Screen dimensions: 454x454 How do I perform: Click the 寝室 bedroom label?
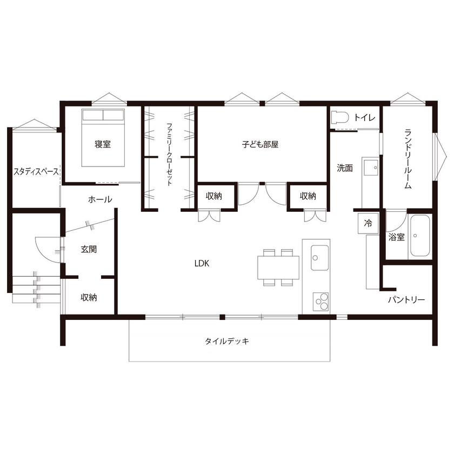click(x=103, y=144)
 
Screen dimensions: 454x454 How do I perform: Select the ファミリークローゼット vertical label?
click(x=169, y=154)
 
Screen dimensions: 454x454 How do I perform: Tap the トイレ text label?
click(x=365, y=117)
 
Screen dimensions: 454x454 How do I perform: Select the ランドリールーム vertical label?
click(x=408, y=158)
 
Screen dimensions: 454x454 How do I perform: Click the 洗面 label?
click(x=345, y=168)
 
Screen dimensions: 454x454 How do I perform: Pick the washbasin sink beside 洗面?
click(x=371, y=168)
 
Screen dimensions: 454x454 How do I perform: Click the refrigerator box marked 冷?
click(x=368, y=223)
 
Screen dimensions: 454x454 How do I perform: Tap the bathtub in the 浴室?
click(x=420, y=236)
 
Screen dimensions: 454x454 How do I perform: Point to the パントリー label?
click(x=406, y=300)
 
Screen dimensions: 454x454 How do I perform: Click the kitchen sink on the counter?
click(x=319, y=257)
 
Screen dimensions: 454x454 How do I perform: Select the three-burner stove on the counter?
click(x=319, y=299)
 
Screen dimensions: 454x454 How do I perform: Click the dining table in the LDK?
click(x=278, y=266)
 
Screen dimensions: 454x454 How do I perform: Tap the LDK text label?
click(x=202, y=264)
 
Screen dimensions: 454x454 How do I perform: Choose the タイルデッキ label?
click(x=227, y=341)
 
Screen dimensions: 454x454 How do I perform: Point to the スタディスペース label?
click(x=36, y=172)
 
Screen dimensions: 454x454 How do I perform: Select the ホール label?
click(x=100, y=199)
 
